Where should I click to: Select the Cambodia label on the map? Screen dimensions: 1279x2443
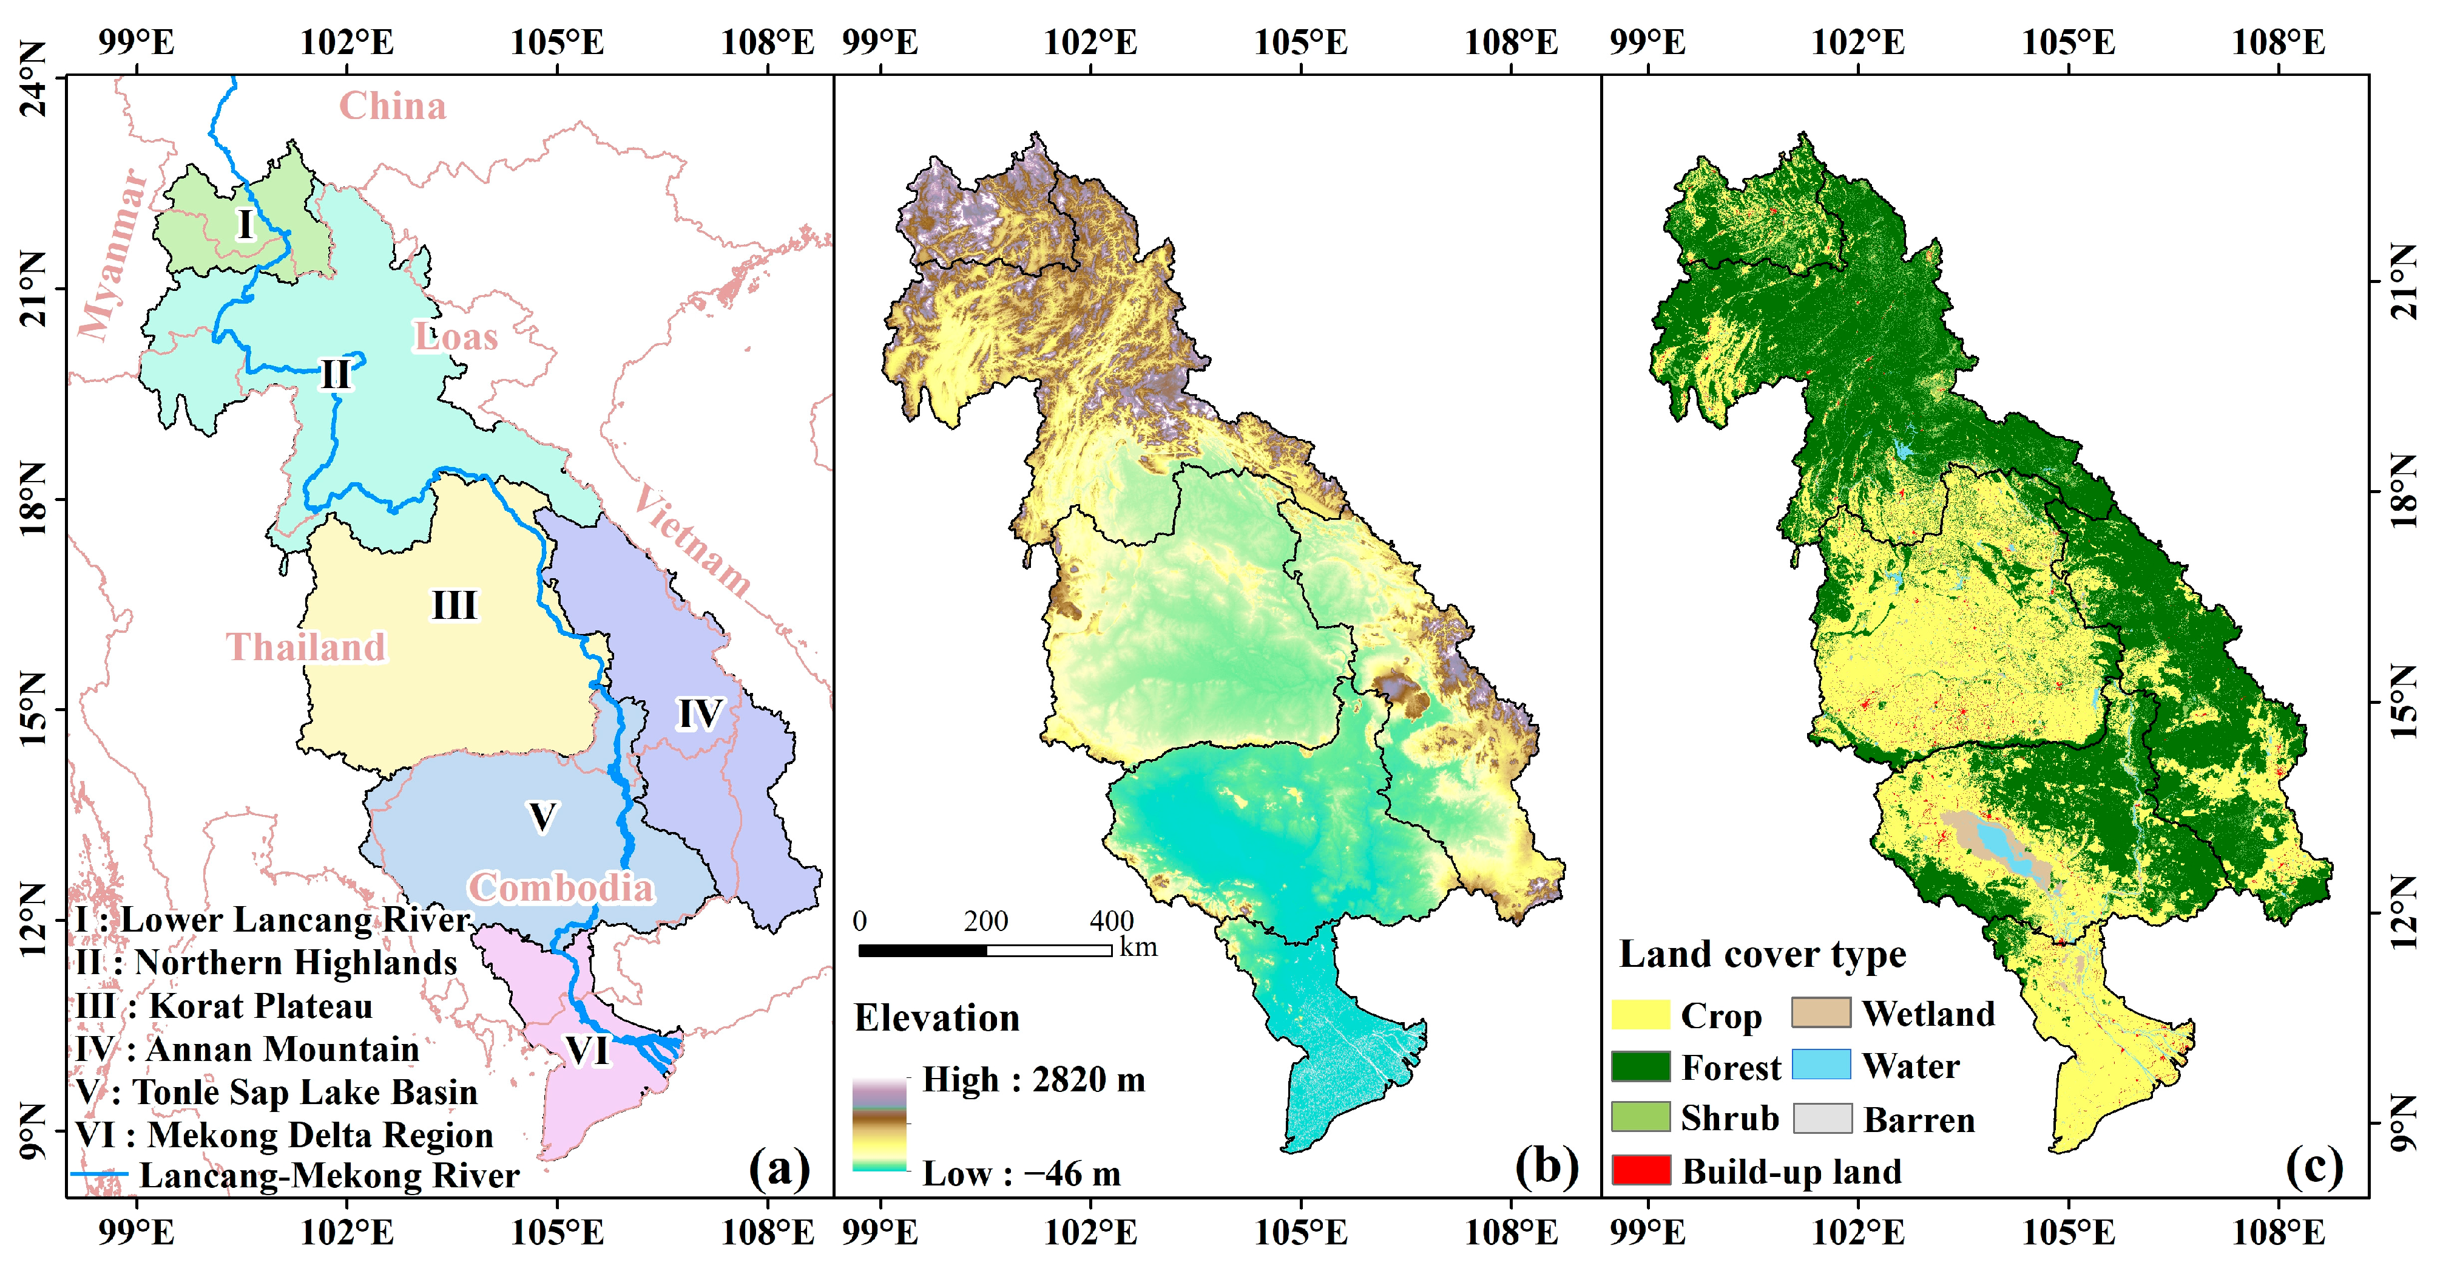tap(561, 888)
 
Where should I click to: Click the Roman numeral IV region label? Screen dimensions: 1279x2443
tap(700, 714)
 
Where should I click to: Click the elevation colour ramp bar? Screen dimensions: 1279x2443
tap(879, 1124)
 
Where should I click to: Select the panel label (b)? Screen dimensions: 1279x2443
tap(1547, 1166)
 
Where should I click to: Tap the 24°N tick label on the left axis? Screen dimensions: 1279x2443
tap(33, 78)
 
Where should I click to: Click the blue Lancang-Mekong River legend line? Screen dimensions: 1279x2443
tap(100, 1175)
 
